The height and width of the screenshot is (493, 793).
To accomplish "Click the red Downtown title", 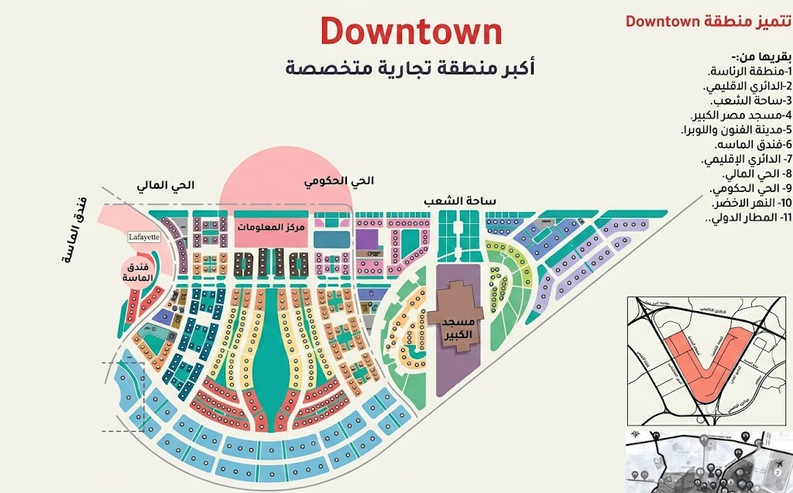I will [x=411, y=32].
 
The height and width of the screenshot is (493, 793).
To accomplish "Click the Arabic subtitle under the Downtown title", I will [x=410, y=68].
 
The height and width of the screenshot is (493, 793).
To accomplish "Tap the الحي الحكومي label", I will [x=339, y=182].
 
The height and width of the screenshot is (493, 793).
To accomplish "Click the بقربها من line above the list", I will [x=762, y=56].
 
